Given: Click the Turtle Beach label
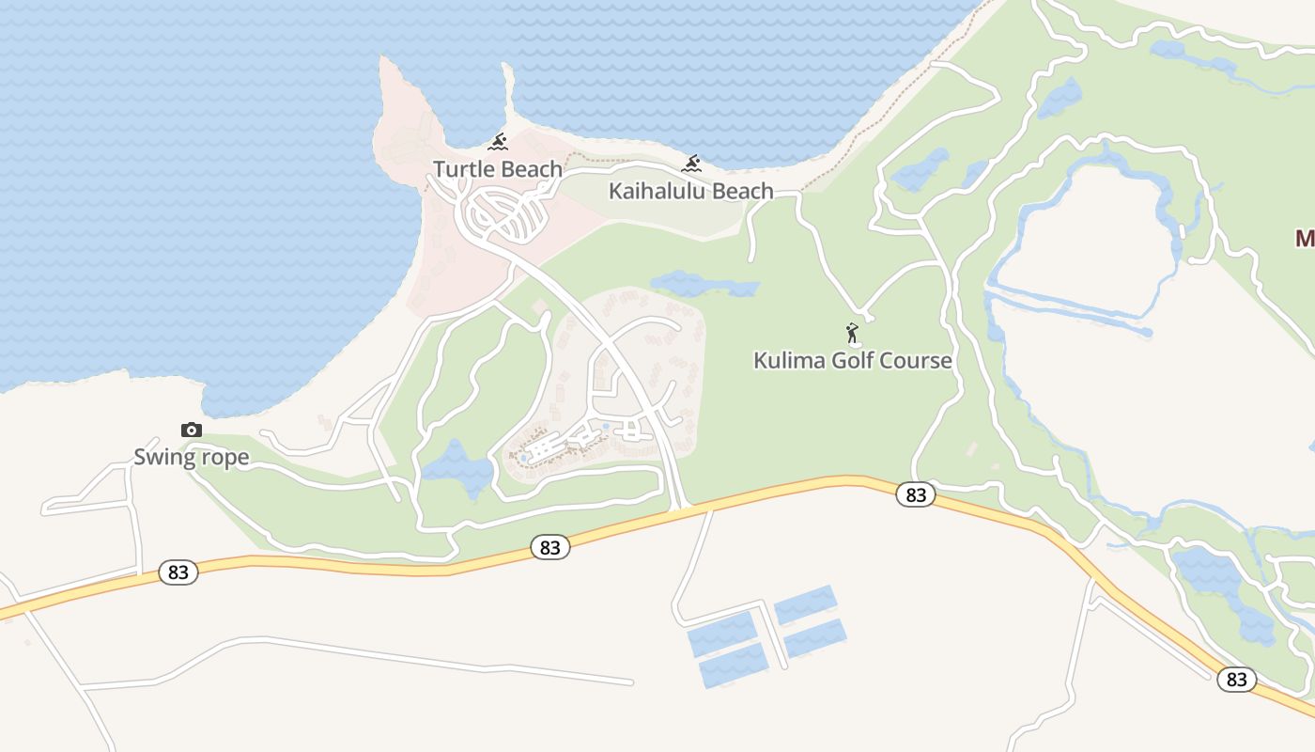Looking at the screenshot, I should click(x=498, y=169).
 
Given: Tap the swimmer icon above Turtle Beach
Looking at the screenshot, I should click(x=498, y=143).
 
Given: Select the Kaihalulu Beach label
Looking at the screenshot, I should click(x=691, y=191).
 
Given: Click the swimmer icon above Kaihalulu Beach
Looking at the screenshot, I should click(x=692, y=164).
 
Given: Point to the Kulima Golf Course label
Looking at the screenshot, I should click(x=853, y=360).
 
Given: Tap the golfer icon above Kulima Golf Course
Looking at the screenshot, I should click(x=852, y=333).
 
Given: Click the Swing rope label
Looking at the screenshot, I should click(x=192, y=458).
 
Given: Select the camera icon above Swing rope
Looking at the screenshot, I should click(x=191, y=430).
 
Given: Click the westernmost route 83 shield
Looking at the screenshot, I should click(x=178, y=572).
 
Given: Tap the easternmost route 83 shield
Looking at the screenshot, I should click(x=1236, y=680).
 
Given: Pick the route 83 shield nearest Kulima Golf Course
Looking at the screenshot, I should click(x=915, y=494).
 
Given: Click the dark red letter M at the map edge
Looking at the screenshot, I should click(x=1305, y=238).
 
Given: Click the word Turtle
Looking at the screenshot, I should click(x=461, y=169).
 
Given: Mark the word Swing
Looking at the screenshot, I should click(x=164, y=458).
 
